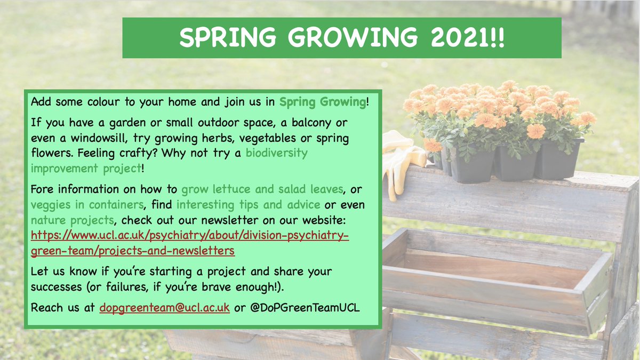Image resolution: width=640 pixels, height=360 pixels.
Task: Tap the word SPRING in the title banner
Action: [228, 37]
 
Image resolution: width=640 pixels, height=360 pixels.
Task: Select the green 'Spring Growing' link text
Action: [323, 102]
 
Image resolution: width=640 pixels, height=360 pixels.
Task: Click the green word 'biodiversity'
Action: [277, 153]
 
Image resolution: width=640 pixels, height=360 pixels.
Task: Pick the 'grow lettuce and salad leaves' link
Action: [262, 189]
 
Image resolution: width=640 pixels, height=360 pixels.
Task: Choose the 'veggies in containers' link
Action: [87, 205]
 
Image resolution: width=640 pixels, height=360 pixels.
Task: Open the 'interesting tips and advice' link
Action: [249, 205]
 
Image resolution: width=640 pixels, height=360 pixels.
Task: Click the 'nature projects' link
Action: [73, 220]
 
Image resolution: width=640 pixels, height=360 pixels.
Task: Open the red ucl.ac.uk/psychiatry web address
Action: [190, 243]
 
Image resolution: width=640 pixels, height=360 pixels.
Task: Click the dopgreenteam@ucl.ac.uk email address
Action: [165, 308]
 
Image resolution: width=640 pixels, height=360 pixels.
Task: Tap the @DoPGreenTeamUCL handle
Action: [305, 308]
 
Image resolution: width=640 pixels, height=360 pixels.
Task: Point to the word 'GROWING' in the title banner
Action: [353, 37]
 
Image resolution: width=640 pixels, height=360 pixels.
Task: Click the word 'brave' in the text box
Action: [217, 287]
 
